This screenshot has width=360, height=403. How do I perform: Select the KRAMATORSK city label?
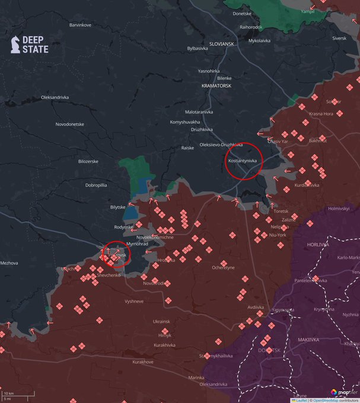(216, 85)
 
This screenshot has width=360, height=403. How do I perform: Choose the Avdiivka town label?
(256, 307)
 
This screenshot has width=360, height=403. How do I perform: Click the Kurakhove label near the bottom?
(143, 362)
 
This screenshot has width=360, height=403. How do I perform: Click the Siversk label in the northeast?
(339, 39)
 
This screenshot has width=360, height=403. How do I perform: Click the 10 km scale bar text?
(9, 393)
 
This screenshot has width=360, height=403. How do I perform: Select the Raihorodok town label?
(251, 27)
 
